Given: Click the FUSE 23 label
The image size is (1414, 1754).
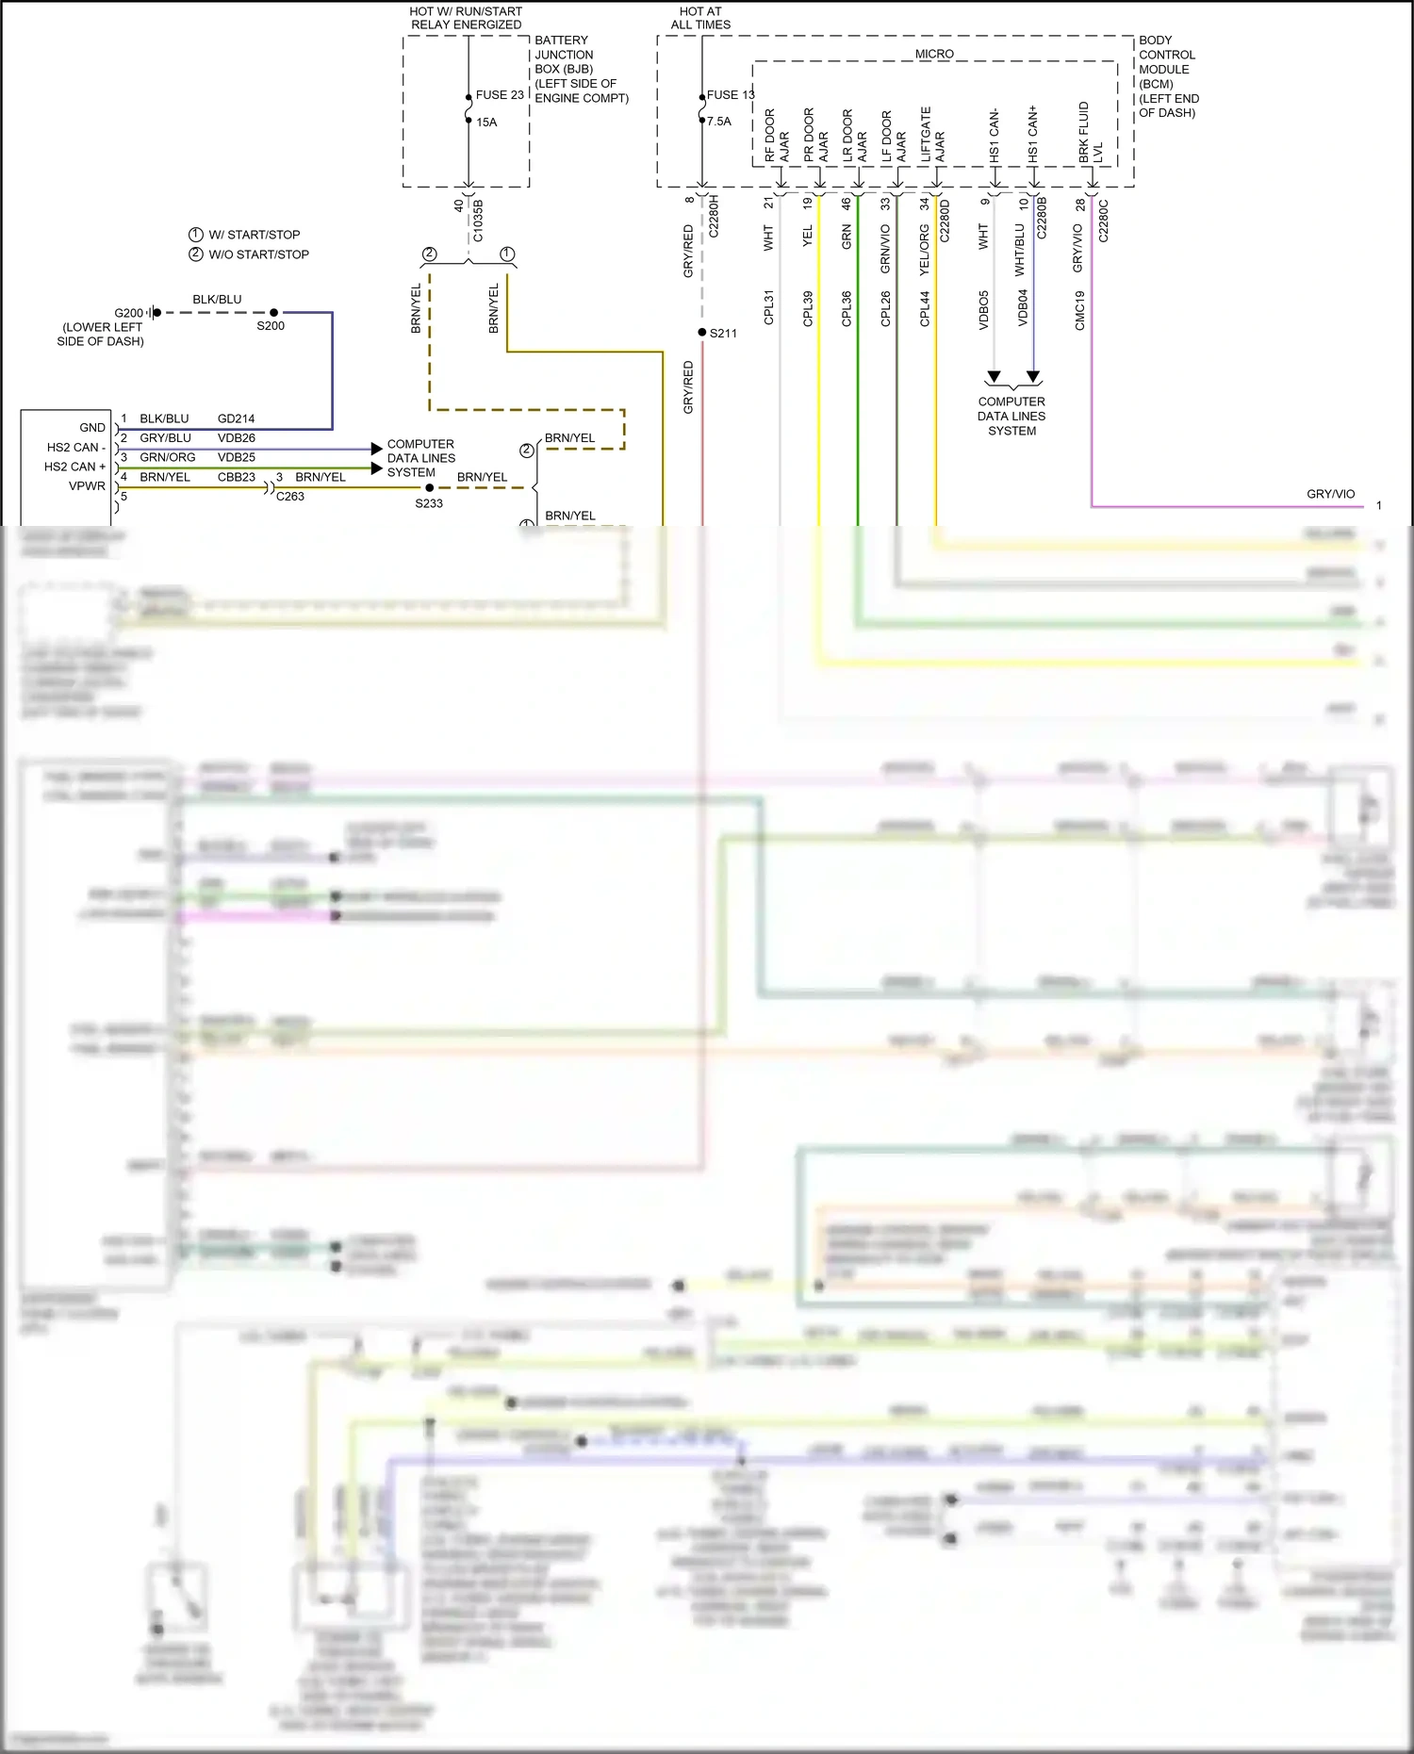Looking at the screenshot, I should point(500,95).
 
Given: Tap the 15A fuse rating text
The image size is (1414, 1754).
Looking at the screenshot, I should point(486,123).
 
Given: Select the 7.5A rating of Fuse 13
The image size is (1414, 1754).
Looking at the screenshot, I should point(719,122).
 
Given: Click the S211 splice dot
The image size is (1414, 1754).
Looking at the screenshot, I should point(702,333).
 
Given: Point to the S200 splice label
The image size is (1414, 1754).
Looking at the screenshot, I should point(271,326).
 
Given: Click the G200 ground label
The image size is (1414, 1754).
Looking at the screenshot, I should point(129,313).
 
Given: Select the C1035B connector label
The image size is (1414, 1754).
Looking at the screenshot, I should point(478,221).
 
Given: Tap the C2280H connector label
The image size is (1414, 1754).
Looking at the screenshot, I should point(714,216).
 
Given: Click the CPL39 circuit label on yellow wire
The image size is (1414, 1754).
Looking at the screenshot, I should point(808,309).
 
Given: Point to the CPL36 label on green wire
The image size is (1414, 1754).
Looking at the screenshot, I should point(847,309).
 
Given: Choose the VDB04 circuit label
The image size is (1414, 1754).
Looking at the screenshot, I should point(1023,308).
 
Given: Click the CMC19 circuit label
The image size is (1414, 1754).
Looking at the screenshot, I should point(1080,310).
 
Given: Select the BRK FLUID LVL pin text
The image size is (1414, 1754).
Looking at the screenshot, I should point(1091,133).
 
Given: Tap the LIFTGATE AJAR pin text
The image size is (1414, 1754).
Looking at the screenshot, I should point(932,135).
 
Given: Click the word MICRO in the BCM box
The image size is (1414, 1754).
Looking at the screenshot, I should point(934,55).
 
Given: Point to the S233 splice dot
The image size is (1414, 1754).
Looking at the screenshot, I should point(430,488).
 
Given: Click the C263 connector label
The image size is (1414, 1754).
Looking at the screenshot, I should point(290,497).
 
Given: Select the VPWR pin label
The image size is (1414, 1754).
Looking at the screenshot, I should point(87,486).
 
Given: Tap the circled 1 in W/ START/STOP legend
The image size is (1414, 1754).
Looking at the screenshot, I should point(196,235).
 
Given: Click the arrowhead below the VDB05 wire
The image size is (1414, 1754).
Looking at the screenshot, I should point(994,377).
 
